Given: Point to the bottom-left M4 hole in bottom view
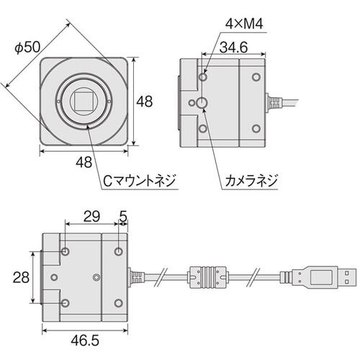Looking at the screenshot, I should tap(66, 303).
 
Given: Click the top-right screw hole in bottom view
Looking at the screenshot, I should tap(119, 251).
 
